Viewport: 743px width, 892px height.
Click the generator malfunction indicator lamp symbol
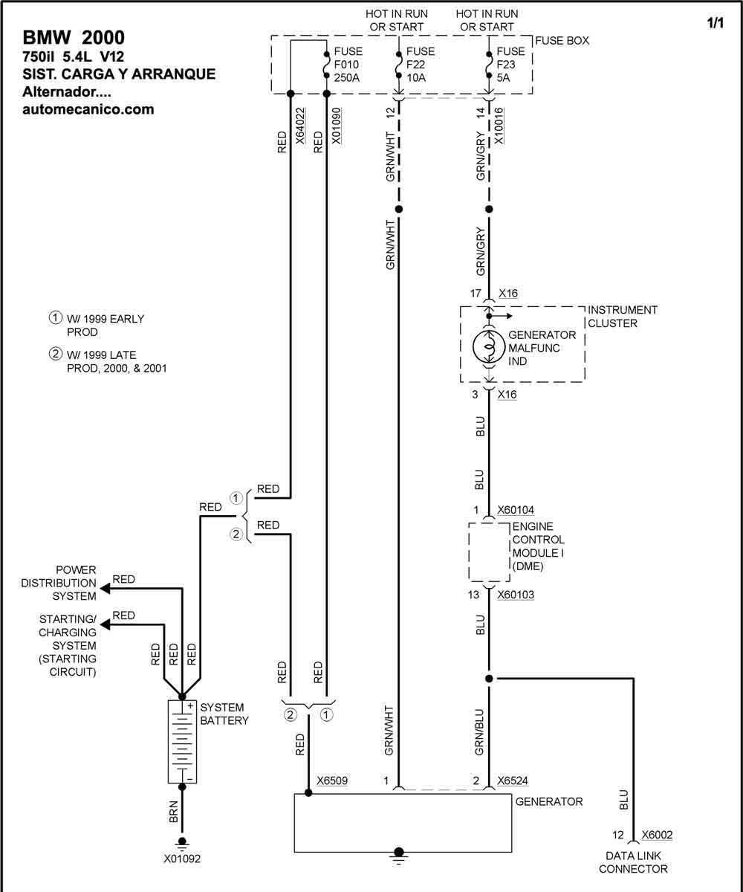pyautogui.click(x=489, y=347)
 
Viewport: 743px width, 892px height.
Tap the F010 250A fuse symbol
pyautogui.click(x=326, y=65)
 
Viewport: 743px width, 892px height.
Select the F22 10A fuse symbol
pyautogui.click(x=399, y=65)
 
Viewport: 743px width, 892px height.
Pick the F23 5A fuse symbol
pyautogui.click(x=489, y=65)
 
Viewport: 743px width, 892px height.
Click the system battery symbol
pyautogui.click(x=182, y=742)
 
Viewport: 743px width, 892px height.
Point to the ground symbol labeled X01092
pyautogui.click(x=182, y=842)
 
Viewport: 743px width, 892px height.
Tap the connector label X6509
pyautogui.click(x=332, y=780)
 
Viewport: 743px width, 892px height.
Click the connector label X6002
pyautogui.click(x=657, y=834)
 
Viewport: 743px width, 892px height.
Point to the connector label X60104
pyautogui.click(x=516, y=510)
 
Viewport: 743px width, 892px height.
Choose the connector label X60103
pyautogui.click(x=516, y=595)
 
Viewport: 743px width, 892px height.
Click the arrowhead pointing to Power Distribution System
pyautogui.click(x=105, y=589)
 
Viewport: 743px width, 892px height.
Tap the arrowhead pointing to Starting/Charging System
pyautogui.click(x=105, y=625)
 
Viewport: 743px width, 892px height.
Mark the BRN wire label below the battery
pyautogui.click(x=173, y=812)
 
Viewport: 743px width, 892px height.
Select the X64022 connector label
pyautogui.click(x=300, y=126)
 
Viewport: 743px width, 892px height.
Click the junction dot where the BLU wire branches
pyautogui.click(x=489, y=679)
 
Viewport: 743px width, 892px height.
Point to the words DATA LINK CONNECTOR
pyautogui.click(x=633, y=862)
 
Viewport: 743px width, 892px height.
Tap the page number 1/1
pyautogui.click(x=716, y=23)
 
